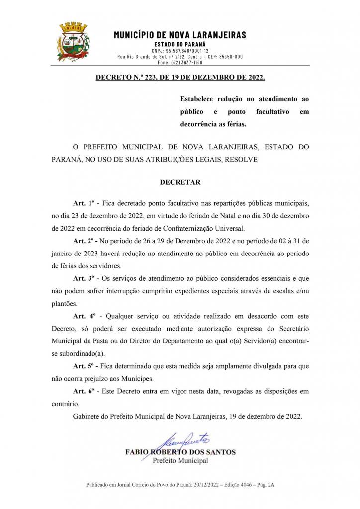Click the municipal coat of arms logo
click(x=73, y=42)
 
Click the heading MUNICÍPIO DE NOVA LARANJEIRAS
click(x=180, y=35)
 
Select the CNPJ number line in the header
click(x=180, y=51)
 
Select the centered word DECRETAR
click(x=180, y=182)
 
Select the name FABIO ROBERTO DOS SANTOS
click(x=180, y=452)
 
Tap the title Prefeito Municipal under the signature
click(x=180, y=461)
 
